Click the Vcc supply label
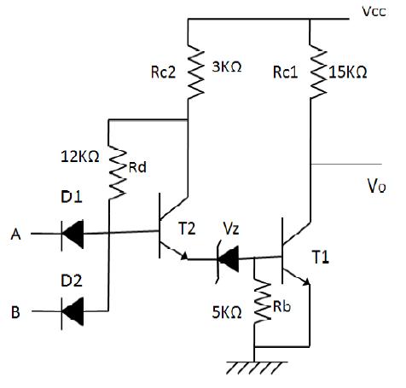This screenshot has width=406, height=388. (x=374, y=11)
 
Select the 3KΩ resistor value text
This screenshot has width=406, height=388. (x=227, y=67)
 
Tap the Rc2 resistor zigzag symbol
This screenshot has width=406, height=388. (x=196, y=72)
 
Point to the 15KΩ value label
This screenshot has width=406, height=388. (x=348, y=72)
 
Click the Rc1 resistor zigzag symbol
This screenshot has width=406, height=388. (x=318, y=72)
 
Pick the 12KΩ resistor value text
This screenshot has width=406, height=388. (x=80, y=156)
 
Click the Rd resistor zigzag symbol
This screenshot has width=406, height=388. (x=117, y=172)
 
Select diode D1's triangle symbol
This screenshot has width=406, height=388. (x=72, y=235)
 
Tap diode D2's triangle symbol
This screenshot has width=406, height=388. (x=72, y=311)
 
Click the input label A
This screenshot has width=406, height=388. (x=16, y=235)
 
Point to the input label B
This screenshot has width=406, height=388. (x=15, y=312)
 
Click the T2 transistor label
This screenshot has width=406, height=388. (x=187, y=229)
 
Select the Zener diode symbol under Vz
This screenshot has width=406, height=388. (x=227, y=259)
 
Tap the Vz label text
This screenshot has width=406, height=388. (x=231, y=229)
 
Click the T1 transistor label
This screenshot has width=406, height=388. (x=321, y=258)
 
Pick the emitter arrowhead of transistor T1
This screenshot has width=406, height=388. (x=306, y=281)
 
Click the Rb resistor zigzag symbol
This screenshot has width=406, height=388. (x=263, y=302)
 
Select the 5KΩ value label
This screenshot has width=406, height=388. (x=227, y=312)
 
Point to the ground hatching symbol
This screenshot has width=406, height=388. (x=257, y=368)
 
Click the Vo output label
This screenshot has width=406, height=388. (x=377, y=186)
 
